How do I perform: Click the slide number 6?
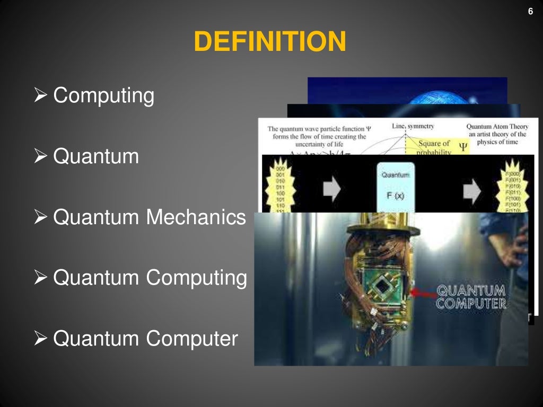[x=530, y=11]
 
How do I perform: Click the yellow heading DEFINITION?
[x=270, y=42]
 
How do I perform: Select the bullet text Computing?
[x=104, y=96]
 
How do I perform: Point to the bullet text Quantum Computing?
[x=150, y=278]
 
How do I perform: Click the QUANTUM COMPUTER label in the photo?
[x=470, y=297]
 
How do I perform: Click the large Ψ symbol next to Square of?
[x=462, y=147]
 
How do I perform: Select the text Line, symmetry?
[x=413, y=126]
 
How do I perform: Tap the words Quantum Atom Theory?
[x=496, y=127]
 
